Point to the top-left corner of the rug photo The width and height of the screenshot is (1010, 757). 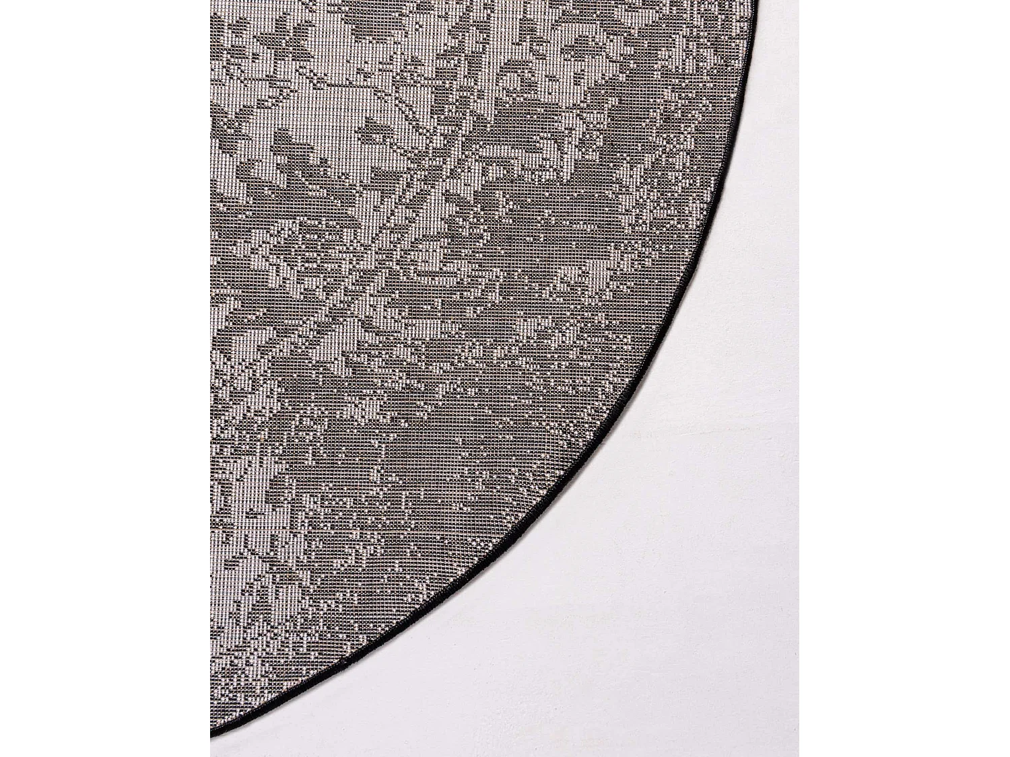tap(211, 1)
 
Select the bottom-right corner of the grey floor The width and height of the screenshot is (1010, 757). tap(798, 755)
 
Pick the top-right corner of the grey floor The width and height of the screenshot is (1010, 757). tap(798, 1)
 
